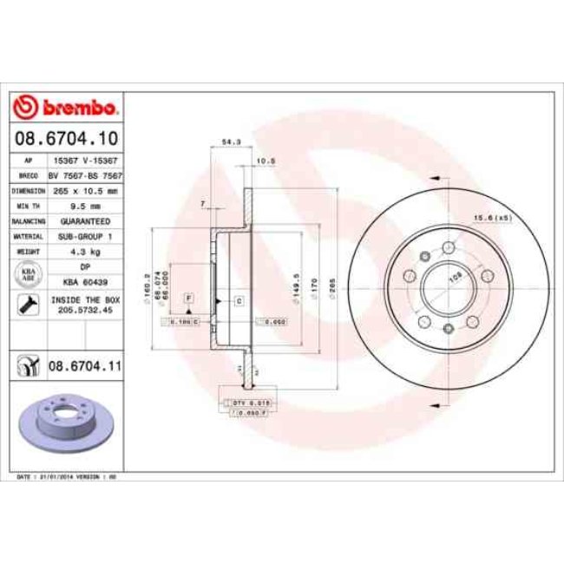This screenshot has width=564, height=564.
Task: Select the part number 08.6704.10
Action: [x=67, y=138]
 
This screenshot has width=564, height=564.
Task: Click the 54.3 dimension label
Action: [x=231, y=141]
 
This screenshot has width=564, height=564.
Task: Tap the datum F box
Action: [x=187, y=298]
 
